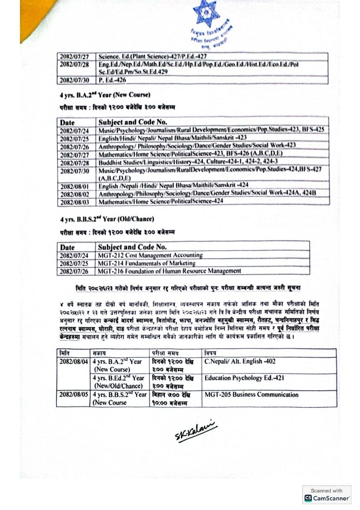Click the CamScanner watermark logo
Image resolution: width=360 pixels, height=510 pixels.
(326, 495)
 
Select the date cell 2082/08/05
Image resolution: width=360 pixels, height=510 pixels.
(73, 395)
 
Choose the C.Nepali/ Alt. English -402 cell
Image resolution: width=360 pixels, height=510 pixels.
(240, 361)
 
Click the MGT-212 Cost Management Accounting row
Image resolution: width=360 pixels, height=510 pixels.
(150, 255)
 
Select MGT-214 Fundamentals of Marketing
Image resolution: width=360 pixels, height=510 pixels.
(146, 263)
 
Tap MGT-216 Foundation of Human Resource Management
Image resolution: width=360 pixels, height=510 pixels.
(169, 271)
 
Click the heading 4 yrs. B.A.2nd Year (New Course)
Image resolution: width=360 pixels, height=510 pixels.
(104, 95)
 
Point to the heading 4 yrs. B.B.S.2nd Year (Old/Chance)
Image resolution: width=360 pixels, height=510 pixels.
(107, 219)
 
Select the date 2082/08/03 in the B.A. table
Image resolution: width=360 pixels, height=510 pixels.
(76, 202)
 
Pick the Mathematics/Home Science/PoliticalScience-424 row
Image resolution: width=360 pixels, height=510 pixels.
(161, 202)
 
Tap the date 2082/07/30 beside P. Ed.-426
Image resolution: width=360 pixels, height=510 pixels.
(74, 80)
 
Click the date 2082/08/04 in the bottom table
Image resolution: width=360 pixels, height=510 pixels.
(73, 362)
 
